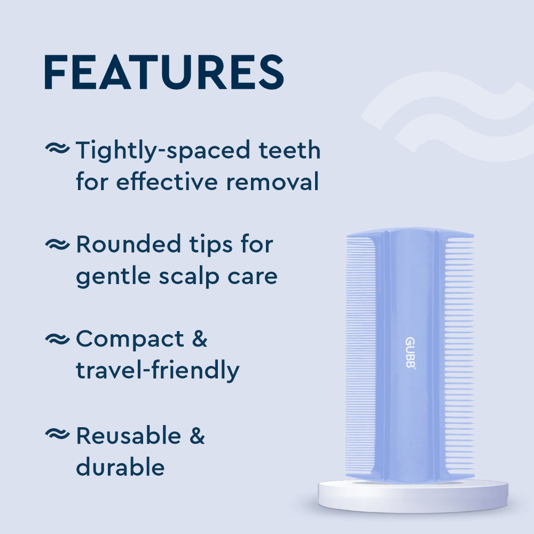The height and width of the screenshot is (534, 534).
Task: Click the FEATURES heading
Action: [164, 72]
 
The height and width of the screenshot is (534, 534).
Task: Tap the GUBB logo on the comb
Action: [410, 353]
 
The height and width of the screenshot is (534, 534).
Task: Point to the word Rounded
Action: [128, 245]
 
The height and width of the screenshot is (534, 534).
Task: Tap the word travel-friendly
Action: [157, 371]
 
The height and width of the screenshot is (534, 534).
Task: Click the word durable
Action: [120, 467]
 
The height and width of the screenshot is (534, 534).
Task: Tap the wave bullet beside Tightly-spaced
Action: [58, 150]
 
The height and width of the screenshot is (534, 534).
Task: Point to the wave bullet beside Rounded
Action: [58, 245]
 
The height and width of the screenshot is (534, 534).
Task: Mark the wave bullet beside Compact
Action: [58, 339]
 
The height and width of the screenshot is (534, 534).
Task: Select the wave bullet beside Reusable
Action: [58, 435]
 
